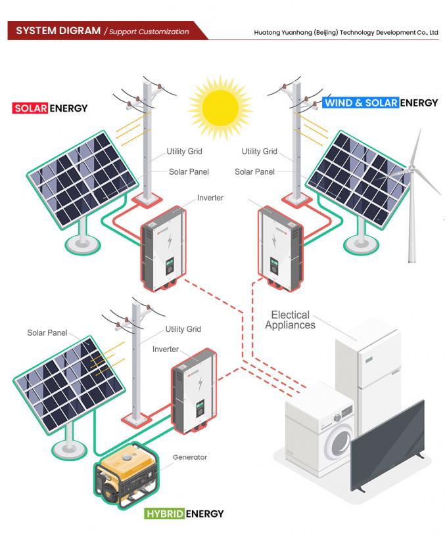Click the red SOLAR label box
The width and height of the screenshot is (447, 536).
pos(30,108)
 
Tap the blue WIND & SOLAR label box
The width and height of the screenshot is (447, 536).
pos(361,102)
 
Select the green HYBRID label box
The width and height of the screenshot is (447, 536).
pos(164,513)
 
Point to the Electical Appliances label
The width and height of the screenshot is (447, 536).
pos(290,320)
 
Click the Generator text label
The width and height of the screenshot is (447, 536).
pos(189,457)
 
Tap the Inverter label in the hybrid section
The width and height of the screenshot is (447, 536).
pos(165,349)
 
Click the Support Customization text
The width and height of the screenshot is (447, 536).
pos(149,32)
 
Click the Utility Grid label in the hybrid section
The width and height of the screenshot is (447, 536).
pos(183,329)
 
